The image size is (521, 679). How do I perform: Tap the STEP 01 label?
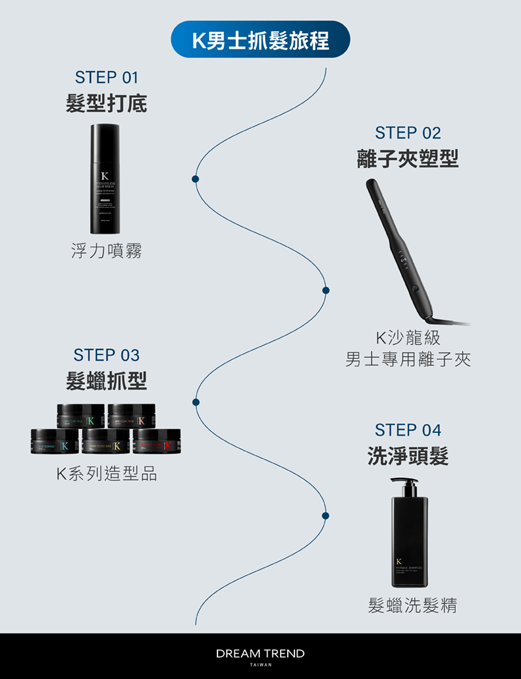click(x=107, y=77)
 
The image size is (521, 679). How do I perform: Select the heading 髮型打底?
click(x=106, y=104)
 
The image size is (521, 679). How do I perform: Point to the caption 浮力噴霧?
click(x=106, y=251)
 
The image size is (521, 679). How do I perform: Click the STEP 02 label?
click(x=408, y=133)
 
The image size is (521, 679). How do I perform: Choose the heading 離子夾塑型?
click(x=408, y=159)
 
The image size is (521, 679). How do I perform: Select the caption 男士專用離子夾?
click(x=408, y=359)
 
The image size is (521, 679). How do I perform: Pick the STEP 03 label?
click(x=106, y=355)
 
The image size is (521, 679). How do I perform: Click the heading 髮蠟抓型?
click(x=106, y=381)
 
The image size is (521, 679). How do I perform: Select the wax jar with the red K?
click(x=156, y=442)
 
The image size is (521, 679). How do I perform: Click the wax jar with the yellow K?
click(x=106, y=442)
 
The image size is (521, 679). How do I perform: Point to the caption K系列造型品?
click(x=106, y=474)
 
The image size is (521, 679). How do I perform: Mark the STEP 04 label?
click(x=408, y=430)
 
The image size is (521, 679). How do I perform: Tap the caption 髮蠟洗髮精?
click(x=412, y=605)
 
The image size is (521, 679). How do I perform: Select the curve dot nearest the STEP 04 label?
click(x=326, y=516)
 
